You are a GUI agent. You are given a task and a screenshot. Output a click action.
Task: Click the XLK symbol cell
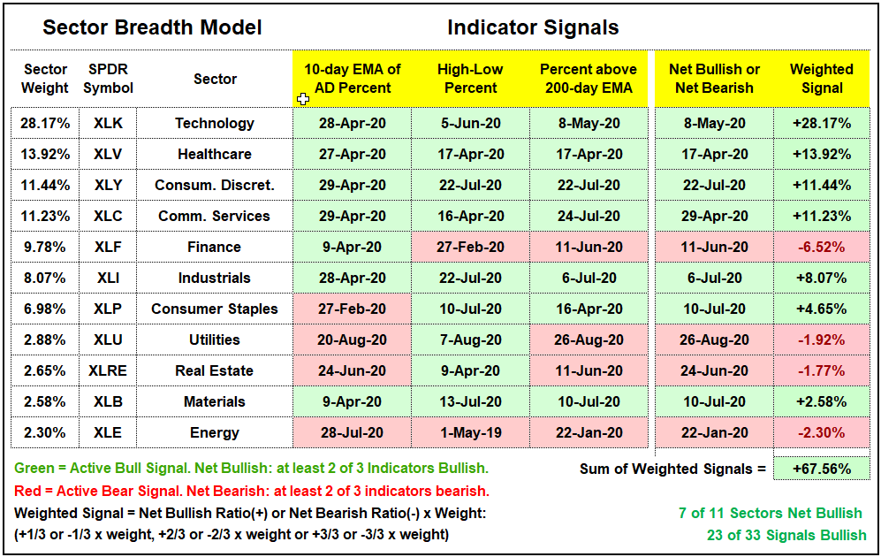point(108,123)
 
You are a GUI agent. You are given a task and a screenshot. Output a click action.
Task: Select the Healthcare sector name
point(215,154)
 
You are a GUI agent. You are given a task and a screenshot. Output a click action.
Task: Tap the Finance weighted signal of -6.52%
point(822,247)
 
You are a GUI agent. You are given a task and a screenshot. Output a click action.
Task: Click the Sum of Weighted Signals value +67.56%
point(822,469)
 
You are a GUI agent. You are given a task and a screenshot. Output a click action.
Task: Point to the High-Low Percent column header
point(470,79)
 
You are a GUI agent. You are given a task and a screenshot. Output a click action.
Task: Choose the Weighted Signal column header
point(822,79)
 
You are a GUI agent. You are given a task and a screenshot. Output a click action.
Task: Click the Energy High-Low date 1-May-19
point(470,433)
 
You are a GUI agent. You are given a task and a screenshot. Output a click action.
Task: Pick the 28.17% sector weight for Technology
point(45,123)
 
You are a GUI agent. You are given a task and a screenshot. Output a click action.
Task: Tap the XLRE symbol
point(108,371)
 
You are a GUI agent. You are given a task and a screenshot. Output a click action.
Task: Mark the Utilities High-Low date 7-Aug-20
point(470,340)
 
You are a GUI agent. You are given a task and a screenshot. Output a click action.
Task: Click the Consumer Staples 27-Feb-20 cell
point(353,309)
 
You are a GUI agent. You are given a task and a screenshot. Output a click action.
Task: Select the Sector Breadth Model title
point(152,27)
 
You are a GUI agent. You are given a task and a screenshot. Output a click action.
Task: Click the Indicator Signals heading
point(533,27)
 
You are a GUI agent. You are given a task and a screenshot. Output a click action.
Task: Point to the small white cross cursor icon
point(303,100)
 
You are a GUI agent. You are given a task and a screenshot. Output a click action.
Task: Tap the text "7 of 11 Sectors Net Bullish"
point(771,513)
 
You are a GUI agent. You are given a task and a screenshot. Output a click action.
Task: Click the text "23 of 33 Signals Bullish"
point(786,535)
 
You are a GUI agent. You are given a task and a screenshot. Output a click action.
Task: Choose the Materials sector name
point(215,402)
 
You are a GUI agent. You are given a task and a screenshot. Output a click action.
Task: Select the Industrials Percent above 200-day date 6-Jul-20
point(589,278)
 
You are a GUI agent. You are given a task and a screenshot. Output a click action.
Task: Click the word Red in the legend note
point(27,492)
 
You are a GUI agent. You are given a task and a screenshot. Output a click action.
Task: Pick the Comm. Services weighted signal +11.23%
point(822,216)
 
